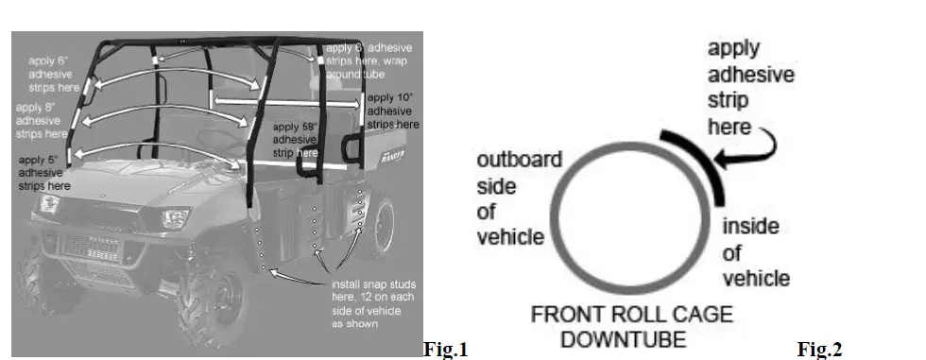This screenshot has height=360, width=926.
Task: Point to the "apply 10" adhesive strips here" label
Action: [x=392, y=111]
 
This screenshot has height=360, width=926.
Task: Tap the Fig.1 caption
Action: [x=446, y=351]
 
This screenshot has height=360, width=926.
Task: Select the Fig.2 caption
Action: [x=819, y=351]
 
